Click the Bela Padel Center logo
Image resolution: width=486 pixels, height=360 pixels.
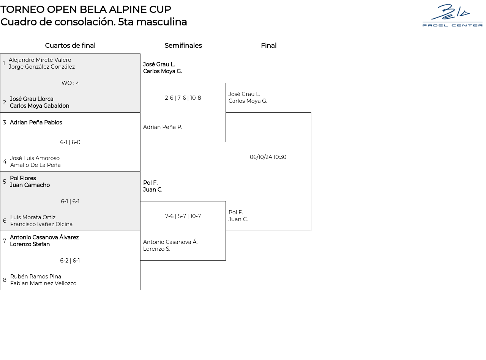click(x=452, y=16)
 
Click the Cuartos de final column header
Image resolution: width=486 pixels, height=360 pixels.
click(x=70, y=46)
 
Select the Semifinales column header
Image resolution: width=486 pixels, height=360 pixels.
click(x=183, y=46)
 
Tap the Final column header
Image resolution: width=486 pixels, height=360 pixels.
click(x=268, y=46)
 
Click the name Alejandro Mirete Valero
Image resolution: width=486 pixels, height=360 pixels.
click(x=40, y=60)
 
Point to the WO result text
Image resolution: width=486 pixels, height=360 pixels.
click(x=70, y=83)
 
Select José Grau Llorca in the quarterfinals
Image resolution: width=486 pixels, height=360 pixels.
click(x=32, y=99)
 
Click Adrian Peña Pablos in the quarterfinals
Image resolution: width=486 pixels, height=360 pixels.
click(x=36, y=123)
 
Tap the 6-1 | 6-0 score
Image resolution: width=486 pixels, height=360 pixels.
click(x=70, y=142)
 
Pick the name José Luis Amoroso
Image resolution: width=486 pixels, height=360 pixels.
click(x=35, y=158)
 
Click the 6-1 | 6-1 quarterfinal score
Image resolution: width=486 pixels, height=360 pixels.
click(x=70, y=201)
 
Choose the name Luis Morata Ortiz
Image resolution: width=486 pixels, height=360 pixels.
click(x=33, y=217)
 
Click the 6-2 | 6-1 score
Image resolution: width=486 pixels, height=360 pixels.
click(x=70, y=261)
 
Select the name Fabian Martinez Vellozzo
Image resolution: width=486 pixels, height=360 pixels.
click(x=43, y=283)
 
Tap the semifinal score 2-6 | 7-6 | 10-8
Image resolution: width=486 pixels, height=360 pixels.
click(x=183, y=98)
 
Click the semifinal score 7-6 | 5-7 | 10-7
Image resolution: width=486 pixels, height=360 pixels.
click(x=183, y=216)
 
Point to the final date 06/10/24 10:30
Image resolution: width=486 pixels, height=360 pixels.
click(x=268, y=157)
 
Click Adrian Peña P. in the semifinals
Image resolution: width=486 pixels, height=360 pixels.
click(x=163, y=127)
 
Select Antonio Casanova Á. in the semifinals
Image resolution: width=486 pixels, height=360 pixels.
click(x=170, y=242)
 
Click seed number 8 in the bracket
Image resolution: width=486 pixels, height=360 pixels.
click(x=5, y=280)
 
